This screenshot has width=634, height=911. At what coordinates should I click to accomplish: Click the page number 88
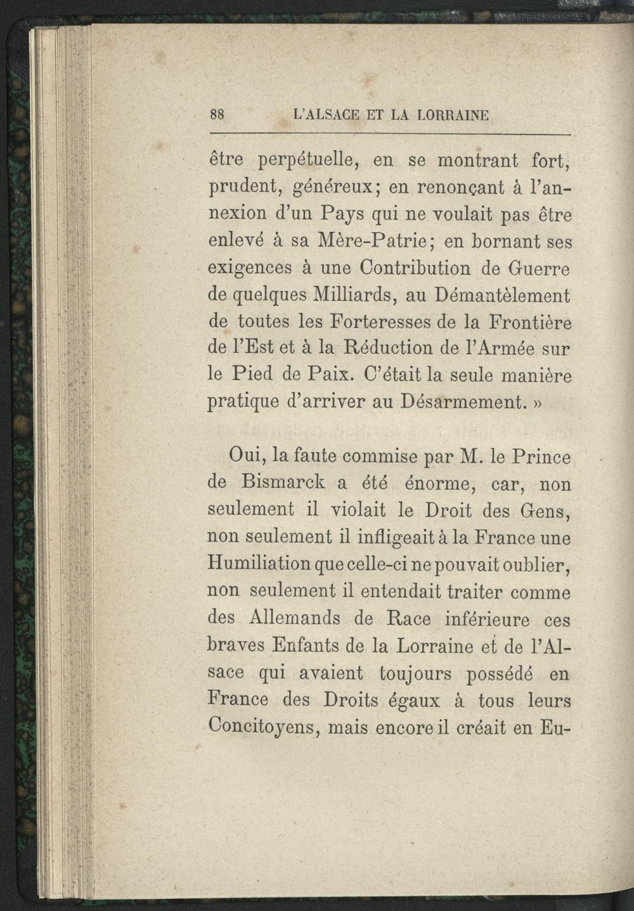coord(217,115)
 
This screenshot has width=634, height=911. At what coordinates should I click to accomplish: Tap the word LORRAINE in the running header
coord(453,116)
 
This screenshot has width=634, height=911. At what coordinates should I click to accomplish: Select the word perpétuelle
coord(306,162)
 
